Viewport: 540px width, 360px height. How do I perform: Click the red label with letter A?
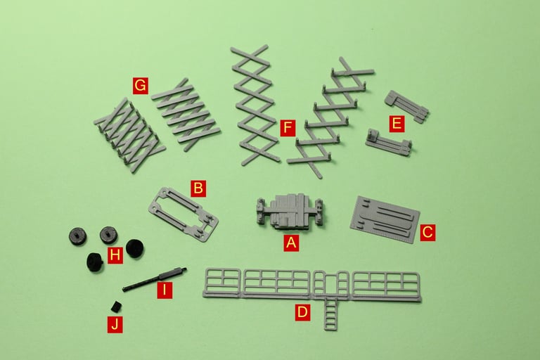(291, 243)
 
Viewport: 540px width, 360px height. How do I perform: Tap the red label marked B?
(198, 188)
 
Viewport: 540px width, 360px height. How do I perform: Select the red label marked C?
(427, 232)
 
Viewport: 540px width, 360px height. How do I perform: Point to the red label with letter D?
(302, 312)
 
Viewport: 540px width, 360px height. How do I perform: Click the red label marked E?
(397, 124)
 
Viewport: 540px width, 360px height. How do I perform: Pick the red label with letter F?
(288, 128)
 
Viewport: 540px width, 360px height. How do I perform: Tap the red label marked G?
(141, 86)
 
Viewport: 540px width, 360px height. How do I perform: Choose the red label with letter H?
(115, 255)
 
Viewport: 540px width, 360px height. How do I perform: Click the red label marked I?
(165, 290)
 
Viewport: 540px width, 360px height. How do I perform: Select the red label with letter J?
(115, 325)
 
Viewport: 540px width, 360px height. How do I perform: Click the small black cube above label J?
(116, 306)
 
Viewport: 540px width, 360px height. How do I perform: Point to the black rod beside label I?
(155, 279)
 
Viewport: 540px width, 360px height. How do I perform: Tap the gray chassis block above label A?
(290, 211)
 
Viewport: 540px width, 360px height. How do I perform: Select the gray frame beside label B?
(183, 214)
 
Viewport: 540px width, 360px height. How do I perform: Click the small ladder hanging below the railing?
(330, 313)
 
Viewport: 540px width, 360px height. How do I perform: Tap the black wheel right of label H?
(135, 248)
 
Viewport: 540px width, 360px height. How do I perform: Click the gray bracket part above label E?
(406, 106)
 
